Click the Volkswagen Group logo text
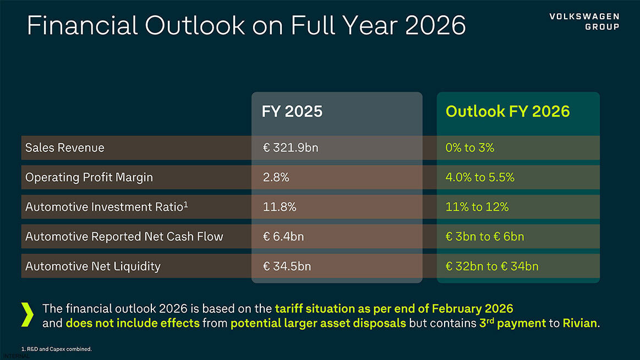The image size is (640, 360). pyautogui.click(x=584, y=22)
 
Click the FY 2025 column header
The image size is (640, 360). pyautogui.click(x=292, y=111)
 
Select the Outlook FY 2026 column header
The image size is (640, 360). pyautogui.click(x=507, y=111)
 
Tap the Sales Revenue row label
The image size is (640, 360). pyautogui.click(x=65, y=148)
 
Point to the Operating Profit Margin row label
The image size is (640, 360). pyautogui.click(x=89, y=177)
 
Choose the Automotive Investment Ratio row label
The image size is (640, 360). pyautogui.click(x=107, y=206)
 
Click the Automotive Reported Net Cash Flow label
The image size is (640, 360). pyautogui.click(x=124, y=237)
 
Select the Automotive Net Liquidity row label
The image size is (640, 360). pyautogui.click(x=93, y=266)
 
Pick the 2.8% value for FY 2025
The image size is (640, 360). pyautogui.click(x=276, y=177)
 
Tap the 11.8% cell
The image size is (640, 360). pyautogui.click(x=280, y=207)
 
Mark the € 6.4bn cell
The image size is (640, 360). pyautogui.click(x=283, y=237)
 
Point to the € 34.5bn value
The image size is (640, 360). pyautogui.click(x=287, y=266)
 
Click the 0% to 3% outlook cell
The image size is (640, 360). pyautogui.click(x=470, y=148)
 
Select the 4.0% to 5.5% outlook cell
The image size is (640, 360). pyautogui.click(x=480, y=177)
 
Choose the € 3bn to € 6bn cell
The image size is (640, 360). pyautogui.click(x=485, y=237)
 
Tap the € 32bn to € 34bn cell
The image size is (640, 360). pyautogui.click(x=492, y=266)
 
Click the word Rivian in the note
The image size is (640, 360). pyautogui.click(x=579, y=323)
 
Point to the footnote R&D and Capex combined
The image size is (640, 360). pyautogui.click(x=53, y=349)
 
